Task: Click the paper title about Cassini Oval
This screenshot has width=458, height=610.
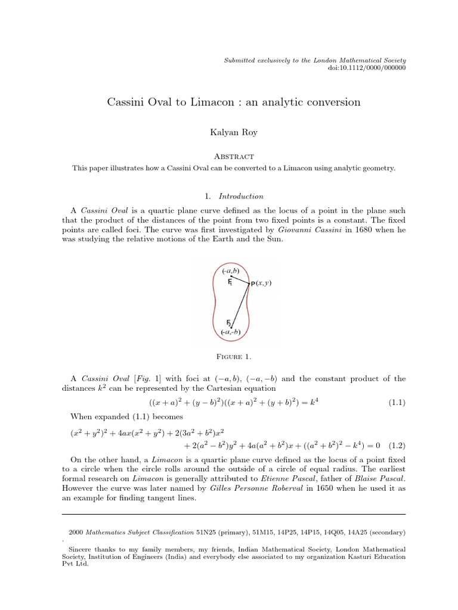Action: (x=233, y=102)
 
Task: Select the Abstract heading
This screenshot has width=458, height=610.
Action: (x=233, y=157)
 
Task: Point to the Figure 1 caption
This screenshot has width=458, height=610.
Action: (x=233, y=357)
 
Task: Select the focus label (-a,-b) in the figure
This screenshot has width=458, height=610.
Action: (x=230, y=332)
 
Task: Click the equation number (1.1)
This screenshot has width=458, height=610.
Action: (x=397, y=403)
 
